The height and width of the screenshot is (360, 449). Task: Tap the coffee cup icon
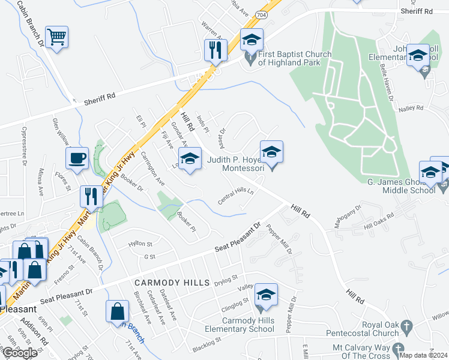77,159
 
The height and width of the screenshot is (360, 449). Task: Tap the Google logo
20,353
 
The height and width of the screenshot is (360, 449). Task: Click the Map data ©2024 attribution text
424,355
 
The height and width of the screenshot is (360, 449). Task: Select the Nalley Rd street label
411,109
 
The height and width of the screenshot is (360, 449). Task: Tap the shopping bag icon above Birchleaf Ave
117,311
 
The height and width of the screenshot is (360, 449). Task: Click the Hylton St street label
140,244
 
